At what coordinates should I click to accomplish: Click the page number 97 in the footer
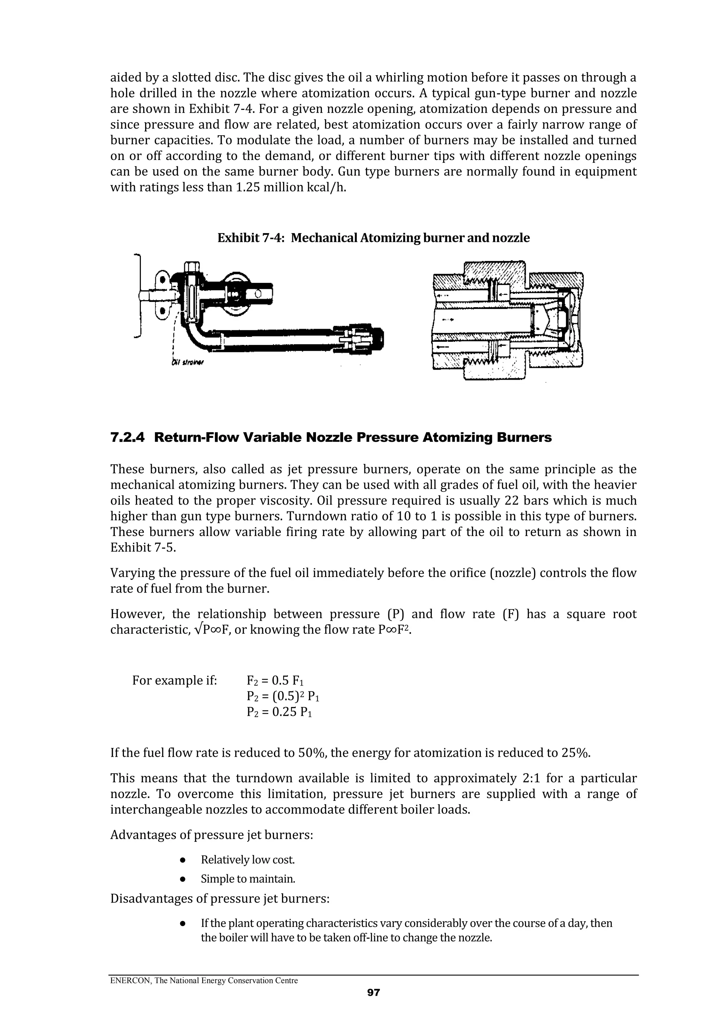coord(373,1005)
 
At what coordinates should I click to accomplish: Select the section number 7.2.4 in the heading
coord(127,438)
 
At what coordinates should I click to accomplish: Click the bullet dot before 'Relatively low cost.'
coord(183,860)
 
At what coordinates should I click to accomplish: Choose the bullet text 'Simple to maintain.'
coord(248,879)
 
